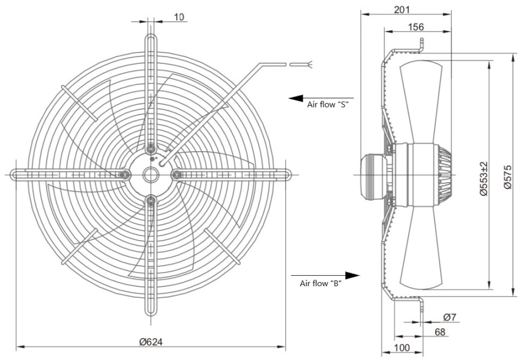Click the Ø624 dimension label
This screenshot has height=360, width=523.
click(151, 341)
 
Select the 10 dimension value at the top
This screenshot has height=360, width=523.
click(179, 17)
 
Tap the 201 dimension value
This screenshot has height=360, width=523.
click(402, 9)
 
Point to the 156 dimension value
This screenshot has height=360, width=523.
click(416, 27)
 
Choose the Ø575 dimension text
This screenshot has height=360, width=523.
click(507, 177)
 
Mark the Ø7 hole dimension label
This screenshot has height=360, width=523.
click(450, 317)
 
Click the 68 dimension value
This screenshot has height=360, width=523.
click(440, 332)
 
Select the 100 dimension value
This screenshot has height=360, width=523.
click(402, 348)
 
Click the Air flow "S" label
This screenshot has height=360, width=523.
click(328, 105)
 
